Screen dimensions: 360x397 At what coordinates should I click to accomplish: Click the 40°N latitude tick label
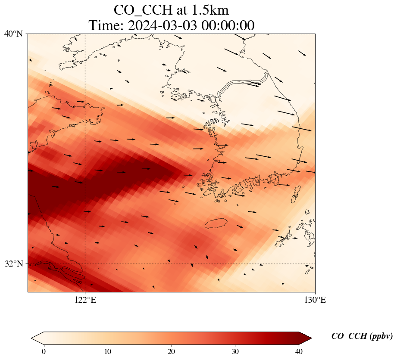[13, 34]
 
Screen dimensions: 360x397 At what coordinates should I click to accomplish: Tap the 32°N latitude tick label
[13, 264]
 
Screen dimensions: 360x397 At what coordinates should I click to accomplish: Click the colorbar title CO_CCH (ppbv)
[362, 336]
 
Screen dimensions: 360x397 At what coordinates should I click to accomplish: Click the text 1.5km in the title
[209, 10]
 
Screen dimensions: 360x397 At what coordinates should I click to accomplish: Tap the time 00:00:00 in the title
[230, 25]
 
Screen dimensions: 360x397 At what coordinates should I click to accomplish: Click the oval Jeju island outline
[216, 223]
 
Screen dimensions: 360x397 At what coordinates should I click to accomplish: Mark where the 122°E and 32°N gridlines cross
[85, 264]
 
